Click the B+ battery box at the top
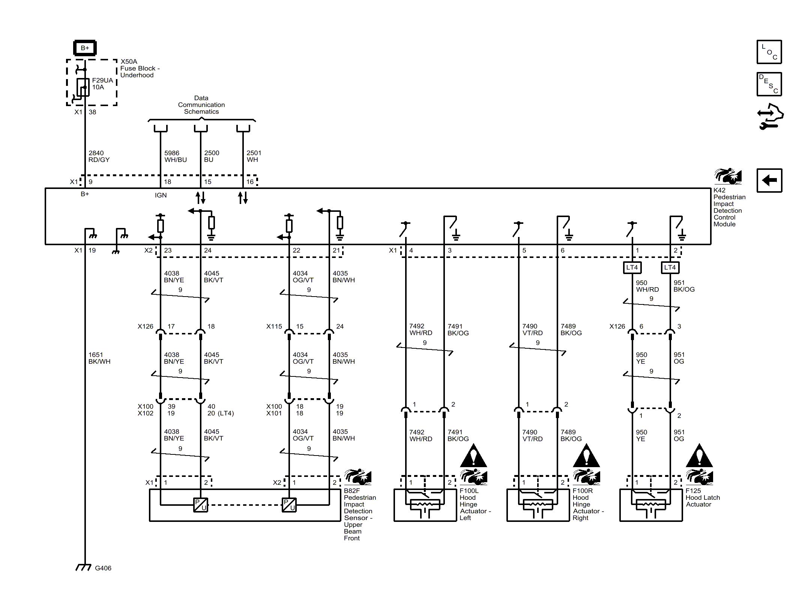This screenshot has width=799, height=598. click(85, 48)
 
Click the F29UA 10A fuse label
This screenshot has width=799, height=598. click(102, 84)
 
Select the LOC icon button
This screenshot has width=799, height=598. click(769, 52)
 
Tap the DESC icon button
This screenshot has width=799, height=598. click(769, 84)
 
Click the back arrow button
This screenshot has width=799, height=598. click(769, 181)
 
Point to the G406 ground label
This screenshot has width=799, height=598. click(103, 568)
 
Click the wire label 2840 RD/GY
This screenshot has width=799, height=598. click(99, 156)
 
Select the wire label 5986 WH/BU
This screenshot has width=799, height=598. click(175, 156)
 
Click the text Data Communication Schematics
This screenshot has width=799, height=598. click(201, 105)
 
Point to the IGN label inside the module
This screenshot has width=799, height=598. click(161, 195)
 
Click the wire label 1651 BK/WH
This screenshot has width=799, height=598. click(99, 358)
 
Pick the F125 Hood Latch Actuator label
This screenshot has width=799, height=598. click(702, 498)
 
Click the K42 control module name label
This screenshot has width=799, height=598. click(729, 207)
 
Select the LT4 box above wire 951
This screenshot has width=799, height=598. click(670, 267)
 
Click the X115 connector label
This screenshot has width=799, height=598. click(274, 327)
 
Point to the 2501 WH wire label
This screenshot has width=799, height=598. click(254, 156)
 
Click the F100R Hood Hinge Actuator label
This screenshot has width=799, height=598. click(587, 504)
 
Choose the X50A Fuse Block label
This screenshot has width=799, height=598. click(140, 68)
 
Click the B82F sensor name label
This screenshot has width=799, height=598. click(359, 514)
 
